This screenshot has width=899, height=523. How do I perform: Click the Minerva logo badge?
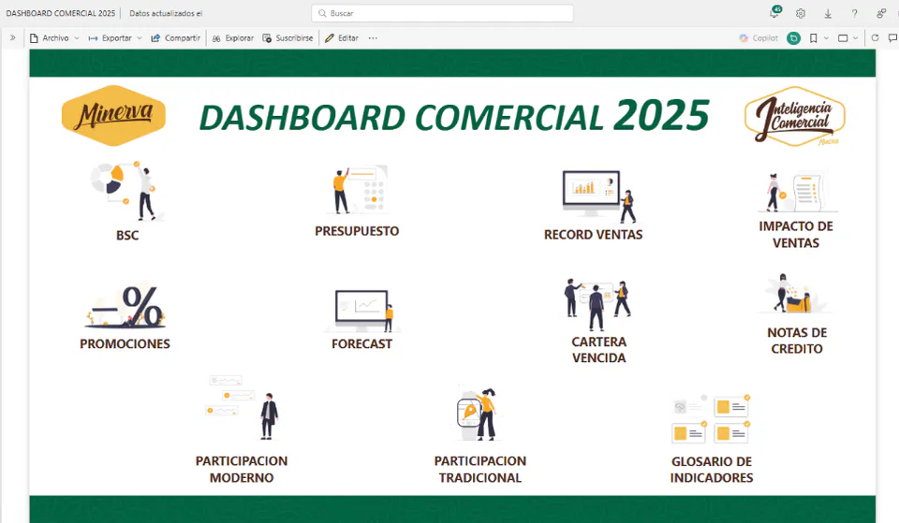(113, 115)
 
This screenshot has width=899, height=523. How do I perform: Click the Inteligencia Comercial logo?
(795, 117)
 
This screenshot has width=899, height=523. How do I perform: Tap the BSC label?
(127, 236)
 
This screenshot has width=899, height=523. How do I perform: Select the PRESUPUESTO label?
(357, 231)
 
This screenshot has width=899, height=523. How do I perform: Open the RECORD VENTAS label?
(594, 234)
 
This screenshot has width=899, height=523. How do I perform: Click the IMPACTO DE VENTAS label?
(796, 234)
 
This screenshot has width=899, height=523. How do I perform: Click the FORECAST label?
(361, 343)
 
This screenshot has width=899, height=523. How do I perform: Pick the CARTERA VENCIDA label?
(599, 349)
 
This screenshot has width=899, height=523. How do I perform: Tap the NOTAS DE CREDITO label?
(797, 341)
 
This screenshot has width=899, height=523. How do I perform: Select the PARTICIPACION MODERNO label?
(242, 469)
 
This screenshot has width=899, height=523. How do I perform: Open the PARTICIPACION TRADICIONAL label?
(479, 469)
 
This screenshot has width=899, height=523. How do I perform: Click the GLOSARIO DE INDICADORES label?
(712, 469)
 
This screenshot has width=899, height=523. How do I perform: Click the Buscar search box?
(442, 13)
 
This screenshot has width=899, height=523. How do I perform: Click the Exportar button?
(115, 37)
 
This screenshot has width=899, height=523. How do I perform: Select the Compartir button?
(175, 37)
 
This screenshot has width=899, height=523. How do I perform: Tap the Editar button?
(342, 37)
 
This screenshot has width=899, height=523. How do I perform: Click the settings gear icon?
(801, 13)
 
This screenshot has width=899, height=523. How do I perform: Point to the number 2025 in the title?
(661, 115)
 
